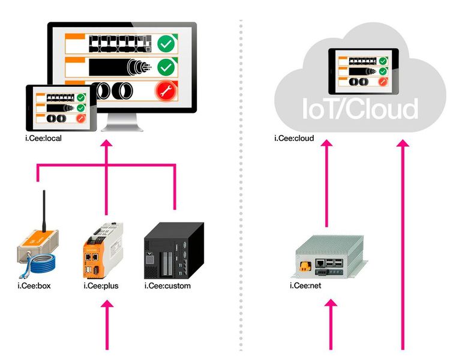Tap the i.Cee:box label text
coord(34,286)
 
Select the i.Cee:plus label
coord(101,286)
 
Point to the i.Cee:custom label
coord(167,286)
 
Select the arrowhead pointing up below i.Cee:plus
coord(107,305)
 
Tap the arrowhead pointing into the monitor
coord(107,145)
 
